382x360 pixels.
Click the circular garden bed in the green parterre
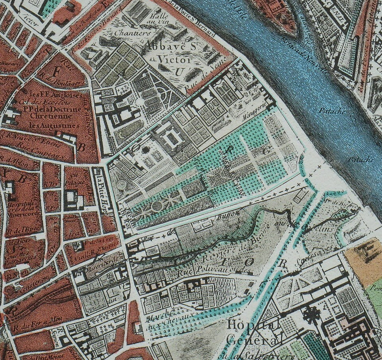[x=157, y=206]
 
